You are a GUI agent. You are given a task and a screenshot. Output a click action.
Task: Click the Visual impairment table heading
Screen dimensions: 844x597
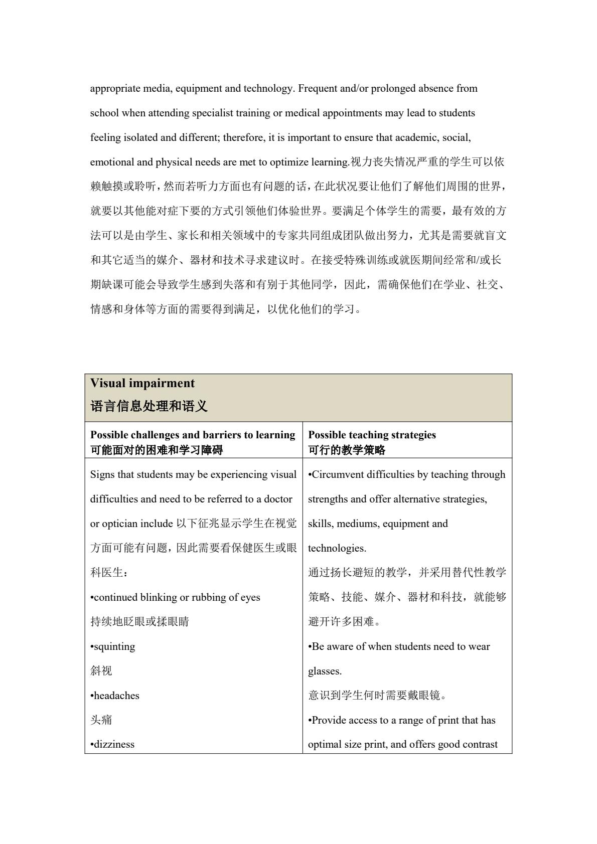click(142, 384)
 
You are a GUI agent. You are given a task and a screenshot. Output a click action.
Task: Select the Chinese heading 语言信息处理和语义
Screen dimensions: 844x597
click(149, 406)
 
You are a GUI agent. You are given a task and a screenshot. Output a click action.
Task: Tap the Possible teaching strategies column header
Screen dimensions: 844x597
click(372, 435)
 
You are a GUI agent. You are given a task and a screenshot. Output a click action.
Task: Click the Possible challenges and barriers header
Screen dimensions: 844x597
click(193, 435)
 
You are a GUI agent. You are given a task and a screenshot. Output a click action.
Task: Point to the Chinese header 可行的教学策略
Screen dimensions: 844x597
click(347, 450)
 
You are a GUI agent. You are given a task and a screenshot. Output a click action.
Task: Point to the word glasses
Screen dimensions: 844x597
click(324, 671)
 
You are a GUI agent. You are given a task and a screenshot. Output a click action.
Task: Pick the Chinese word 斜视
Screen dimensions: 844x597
click(101, 671)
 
